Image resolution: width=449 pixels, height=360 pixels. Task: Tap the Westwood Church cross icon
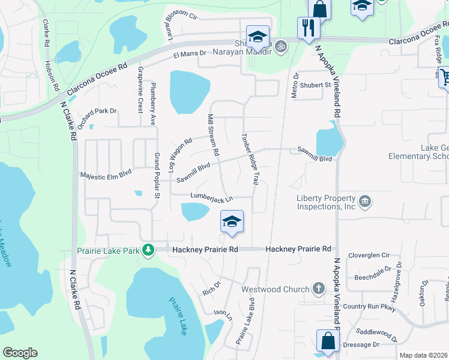click(x=318, y=289)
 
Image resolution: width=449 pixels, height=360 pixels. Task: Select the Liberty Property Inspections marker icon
click(x=364, y=201)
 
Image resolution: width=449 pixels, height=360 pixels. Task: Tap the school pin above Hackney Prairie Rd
click(x=232, y=222)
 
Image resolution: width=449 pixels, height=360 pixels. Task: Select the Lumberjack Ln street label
click(x=211, y=196)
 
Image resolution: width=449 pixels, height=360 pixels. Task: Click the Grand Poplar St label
click(x=157, y=175)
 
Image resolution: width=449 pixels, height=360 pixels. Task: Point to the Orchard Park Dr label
click(x=96, y=111)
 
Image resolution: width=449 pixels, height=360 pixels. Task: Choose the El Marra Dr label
click(x=190, y=55)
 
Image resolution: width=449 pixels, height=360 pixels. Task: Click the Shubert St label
click(x=316, y=85)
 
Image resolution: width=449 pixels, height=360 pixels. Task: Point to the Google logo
click(x=20, y=353)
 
